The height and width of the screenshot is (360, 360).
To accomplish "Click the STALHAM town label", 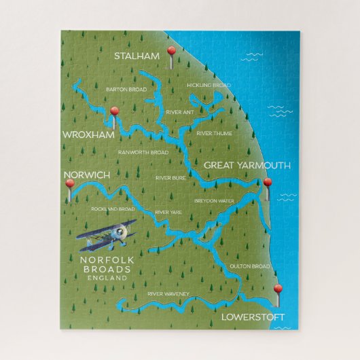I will pos(136,56).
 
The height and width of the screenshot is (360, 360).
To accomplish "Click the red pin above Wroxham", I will pos(115,111).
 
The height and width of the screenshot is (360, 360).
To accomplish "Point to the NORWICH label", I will pos(86,175).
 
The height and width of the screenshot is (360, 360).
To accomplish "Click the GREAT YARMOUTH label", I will pos(247,165).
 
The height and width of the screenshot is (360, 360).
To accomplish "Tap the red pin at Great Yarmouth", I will pos(268,183).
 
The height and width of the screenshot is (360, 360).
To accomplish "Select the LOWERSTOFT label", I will pos(253,317).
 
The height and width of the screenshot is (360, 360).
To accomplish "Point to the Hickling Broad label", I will pos(209,85).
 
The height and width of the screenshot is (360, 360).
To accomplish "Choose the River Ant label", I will pos(180,112).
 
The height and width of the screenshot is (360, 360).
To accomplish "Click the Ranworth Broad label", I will pos(143,152).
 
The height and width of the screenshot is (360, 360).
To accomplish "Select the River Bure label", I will pos(170,178).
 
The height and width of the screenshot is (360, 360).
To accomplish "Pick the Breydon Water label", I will pos(214,201).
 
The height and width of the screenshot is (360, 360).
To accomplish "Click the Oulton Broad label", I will pos(249,266).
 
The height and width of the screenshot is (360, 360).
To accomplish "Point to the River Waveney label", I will pos(168,293).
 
